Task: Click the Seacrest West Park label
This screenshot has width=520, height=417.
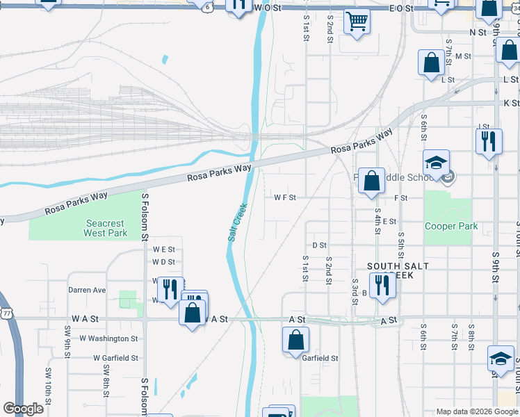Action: coord(105,228)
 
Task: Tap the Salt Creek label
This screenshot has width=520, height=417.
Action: coord(238,222)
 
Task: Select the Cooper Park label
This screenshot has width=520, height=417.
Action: coord(450,226)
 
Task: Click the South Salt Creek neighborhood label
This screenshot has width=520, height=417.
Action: coord(398,271)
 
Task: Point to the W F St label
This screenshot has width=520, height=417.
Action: coord(285,197)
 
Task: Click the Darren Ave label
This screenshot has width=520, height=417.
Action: coord(87,290)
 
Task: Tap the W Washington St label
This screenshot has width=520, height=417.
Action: coord(108,338)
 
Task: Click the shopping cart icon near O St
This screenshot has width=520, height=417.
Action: coord(357,21)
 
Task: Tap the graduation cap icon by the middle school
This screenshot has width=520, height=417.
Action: coord(437,164)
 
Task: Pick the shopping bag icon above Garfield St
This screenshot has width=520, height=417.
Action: coord(295,341)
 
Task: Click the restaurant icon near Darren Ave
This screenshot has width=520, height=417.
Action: coord(170,290)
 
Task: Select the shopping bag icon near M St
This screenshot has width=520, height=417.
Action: coord(431,63)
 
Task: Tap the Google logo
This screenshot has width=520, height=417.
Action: coord(24,409)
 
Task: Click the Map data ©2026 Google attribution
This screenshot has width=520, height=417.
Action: coord(476,411)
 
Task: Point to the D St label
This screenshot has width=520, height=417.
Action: coord(319,245)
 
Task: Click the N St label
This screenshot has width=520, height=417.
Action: coord(478,32)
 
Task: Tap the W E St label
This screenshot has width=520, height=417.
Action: coord(163,249)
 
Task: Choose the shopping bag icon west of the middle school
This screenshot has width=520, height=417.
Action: coord(372,181)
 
